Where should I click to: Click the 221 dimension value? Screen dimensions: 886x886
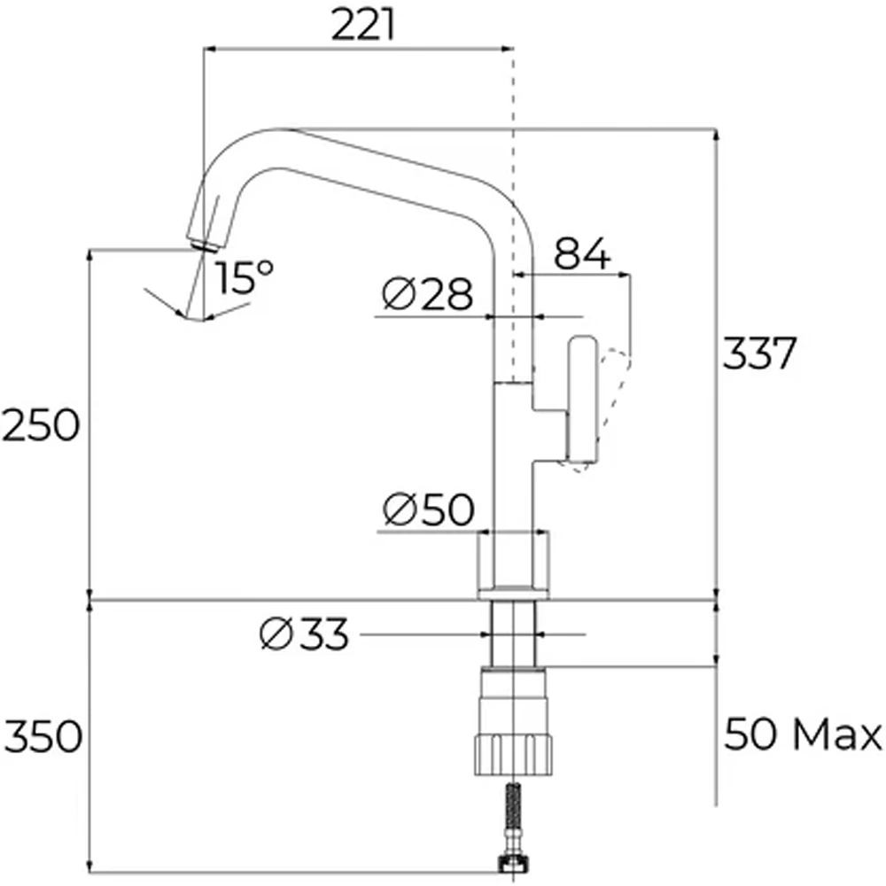(363, 26)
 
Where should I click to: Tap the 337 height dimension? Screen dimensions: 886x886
(760, 354)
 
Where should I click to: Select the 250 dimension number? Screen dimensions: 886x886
(41, 426)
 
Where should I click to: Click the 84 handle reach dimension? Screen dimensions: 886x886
(582, 255)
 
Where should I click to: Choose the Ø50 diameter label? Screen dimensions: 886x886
(428, 510)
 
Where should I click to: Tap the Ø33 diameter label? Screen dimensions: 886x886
(305, 634)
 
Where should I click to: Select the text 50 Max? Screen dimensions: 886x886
(803, 735)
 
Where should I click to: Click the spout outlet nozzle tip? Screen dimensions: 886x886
(203, 241)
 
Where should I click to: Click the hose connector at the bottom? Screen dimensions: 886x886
(514, 862)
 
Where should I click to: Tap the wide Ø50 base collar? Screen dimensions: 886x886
(514, 562)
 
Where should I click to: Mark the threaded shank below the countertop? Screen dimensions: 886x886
(514, 633)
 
